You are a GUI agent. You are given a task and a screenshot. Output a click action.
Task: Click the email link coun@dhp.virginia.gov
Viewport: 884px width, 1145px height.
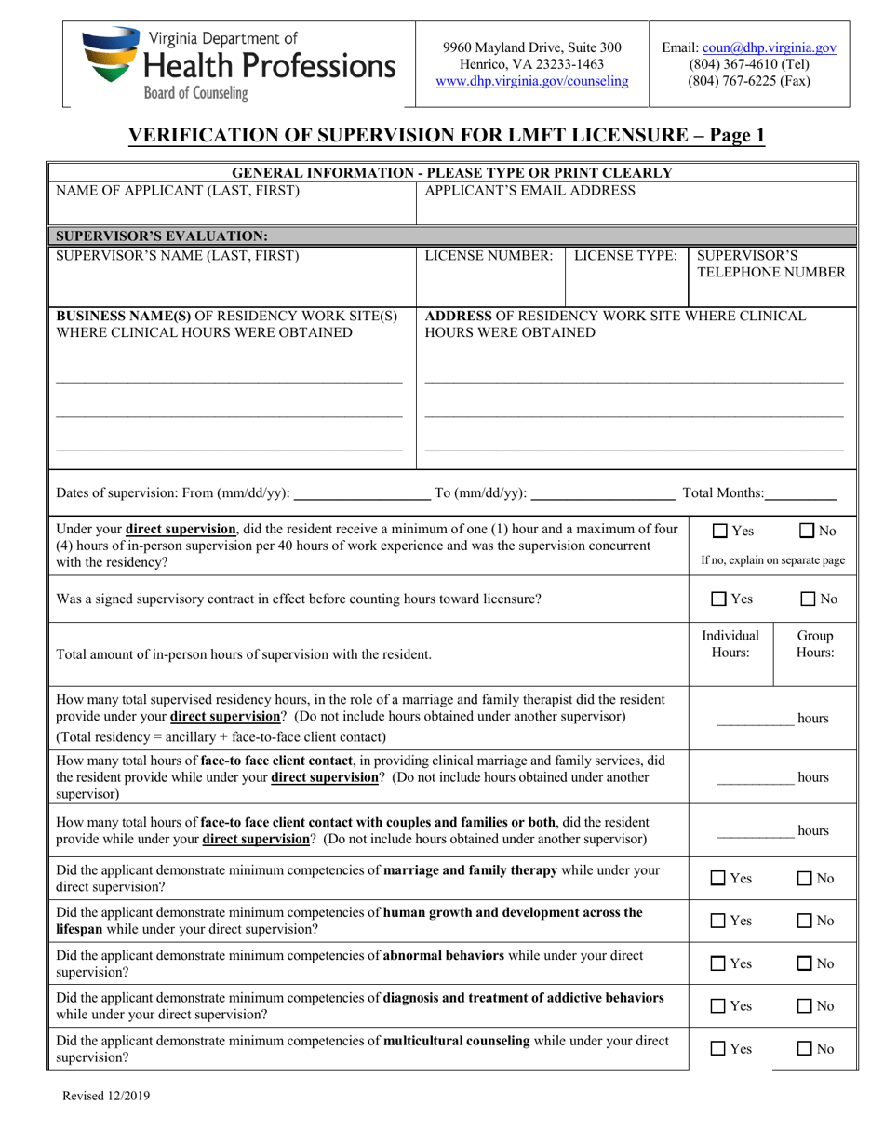(x=769, y=47)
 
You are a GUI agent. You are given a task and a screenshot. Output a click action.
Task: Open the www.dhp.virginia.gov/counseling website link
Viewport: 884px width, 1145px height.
(x=531, y=81)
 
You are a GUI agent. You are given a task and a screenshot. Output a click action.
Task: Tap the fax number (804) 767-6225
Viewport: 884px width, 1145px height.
(x=748, y=81)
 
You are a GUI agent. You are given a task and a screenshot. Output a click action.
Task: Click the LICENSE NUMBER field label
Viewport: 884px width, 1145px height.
(x=489, y=255)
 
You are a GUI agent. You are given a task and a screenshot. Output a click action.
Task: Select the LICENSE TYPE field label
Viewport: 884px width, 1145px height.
(x=625, y=255)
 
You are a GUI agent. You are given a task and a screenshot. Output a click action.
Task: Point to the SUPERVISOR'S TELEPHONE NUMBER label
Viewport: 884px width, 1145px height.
(x=770, y=263)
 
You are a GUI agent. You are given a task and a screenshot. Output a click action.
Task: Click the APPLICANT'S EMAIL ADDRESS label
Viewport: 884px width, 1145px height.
(x=529, y=191)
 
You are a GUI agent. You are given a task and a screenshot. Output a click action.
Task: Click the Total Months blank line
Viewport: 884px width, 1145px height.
(x=801, y=492)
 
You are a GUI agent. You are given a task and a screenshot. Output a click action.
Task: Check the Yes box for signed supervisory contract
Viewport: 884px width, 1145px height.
(x=719, y=599)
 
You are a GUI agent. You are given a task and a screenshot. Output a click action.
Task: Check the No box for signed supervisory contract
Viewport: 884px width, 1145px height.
(x=808, y=599)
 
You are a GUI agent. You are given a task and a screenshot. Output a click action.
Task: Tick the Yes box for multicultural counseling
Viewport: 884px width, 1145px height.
(x=719, y=1049)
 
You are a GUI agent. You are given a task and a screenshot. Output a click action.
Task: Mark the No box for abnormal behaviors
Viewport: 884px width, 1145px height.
(x=808, y=963)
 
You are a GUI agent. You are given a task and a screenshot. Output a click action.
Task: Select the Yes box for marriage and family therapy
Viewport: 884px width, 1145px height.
(x=719, y=878)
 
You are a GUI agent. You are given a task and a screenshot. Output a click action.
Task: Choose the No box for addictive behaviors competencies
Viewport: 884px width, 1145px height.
(x=808, y=1006)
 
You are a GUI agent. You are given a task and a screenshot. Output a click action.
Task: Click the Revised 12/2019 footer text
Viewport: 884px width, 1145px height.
(x=105, y=1097)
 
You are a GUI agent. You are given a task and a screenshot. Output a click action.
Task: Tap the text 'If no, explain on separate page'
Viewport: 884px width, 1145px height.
(x=772, y=560)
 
